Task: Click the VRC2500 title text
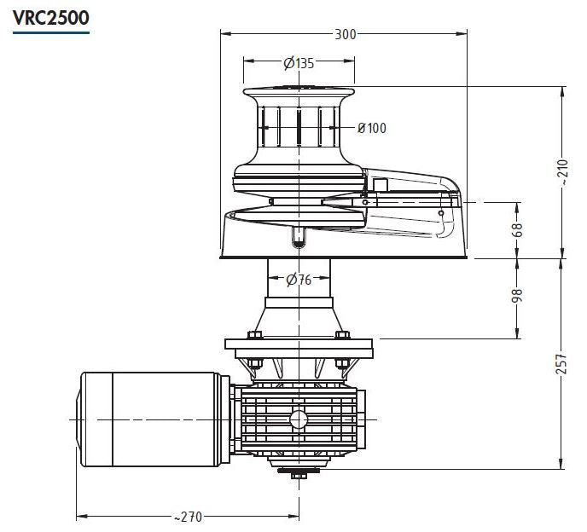tap(51, 18)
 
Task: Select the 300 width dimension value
tap(345, 34)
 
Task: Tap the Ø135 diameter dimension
tap(299, 63)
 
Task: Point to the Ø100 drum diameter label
tap(371, 128)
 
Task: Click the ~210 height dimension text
tap(562, 171)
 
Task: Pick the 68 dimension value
tap(518, 230)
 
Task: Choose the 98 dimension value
tap(517, 296)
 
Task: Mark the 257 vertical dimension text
tap(562, 364)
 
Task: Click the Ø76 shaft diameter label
tap(299, 279)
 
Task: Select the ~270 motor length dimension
tap(188, 517)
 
